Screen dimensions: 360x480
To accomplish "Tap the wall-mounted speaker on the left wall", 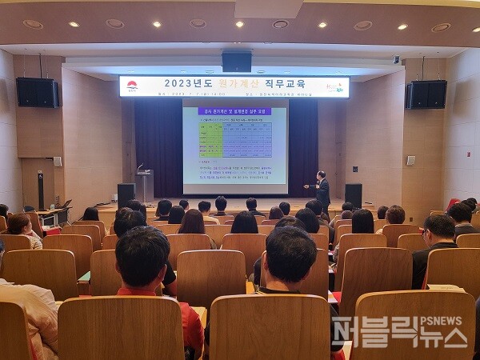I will point(38,93).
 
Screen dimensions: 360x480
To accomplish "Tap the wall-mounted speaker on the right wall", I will point(426,94).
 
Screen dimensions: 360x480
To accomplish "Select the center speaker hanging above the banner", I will point(237,62).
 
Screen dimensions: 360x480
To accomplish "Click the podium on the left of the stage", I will point(144,185).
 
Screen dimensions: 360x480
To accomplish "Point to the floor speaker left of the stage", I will point(126,195).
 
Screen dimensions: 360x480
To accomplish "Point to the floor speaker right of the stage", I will point(353,194).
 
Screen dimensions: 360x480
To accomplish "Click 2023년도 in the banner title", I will point(186,83).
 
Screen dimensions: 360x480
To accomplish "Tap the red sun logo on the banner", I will point(132,85).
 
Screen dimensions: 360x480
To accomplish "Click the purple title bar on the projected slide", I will point(234,111).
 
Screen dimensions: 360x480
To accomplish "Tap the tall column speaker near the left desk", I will point(41,190).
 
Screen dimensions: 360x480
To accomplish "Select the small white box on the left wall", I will point(58,162).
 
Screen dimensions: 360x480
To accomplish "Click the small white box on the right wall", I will point(410,160).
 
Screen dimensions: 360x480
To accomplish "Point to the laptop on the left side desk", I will point(66,205).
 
